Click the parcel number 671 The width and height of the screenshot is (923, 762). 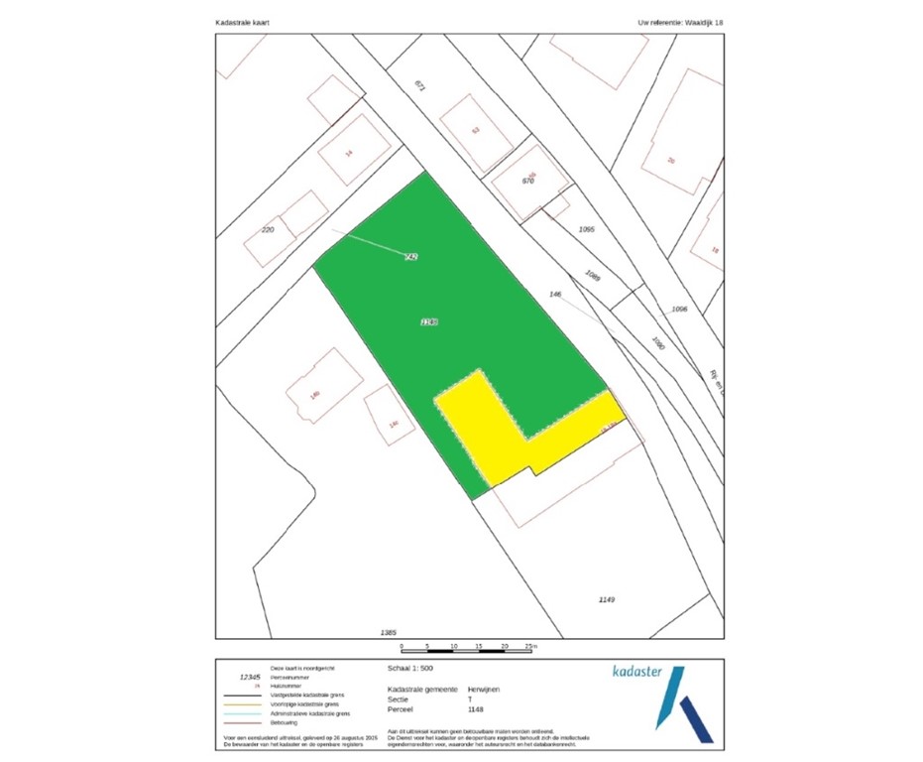(420, 86)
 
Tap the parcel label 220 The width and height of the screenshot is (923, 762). (267, 229)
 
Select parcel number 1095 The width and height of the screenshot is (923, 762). (586, 229)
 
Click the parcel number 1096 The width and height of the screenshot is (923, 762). (679, 309)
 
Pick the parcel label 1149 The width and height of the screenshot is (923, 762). (607, 599)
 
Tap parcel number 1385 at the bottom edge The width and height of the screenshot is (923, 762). (389, 632)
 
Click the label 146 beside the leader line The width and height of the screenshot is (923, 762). (555, 294)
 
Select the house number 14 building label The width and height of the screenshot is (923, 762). (348, 153)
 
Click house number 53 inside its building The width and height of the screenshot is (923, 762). (475, 130)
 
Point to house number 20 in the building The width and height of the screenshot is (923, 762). (670, 161)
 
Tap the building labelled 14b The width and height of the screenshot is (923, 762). (314, 395)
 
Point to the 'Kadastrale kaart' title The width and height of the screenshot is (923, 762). (241, 22)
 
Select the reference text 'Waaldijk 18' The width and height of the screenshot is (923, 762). (703, 22)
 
